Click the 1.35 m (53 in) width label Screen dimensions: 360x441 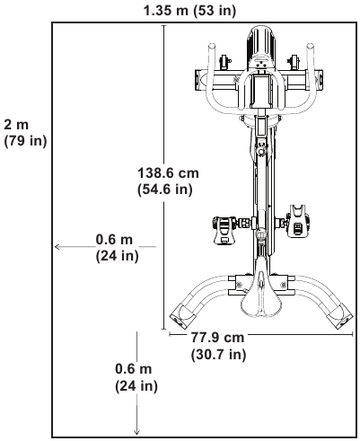[189, 11]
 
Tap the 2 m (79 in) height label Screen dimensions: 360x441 [25, 132]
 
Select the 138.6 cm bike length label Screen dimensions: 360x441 [168, 173]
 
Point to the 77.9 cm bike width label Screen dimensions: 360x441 [217, 338]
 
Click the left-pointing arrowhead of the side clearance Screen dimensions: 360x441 [57, 247]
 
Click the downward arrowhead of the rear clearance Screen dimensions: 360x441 [136, 432]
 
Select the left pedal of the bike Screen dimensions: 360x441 [224, 230]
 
